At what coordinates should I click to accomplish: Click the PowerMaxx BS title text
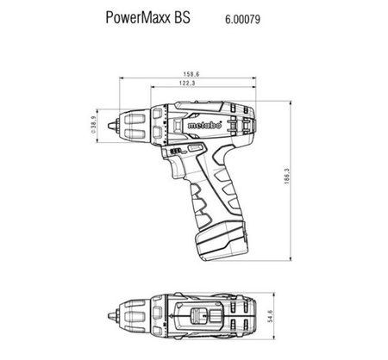coord(148,17)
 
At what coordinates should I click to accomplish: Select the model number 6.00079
coord(243,19)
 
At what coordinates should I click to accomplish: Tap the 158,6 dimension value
coord(191,74)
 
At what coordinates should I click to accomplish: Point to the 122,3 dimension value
coord(187,84)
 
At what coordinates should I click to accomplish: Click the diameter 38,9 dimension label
coord(93,125)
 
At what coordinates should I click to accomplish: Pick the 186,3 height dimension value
coord(287,177)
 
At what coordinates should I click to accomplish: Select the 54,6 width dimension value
coord(270,316)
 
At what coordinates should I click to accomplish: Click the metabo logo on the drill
coord(205,126)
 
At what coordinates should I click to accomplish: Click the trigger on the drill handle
coord(178,167)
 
